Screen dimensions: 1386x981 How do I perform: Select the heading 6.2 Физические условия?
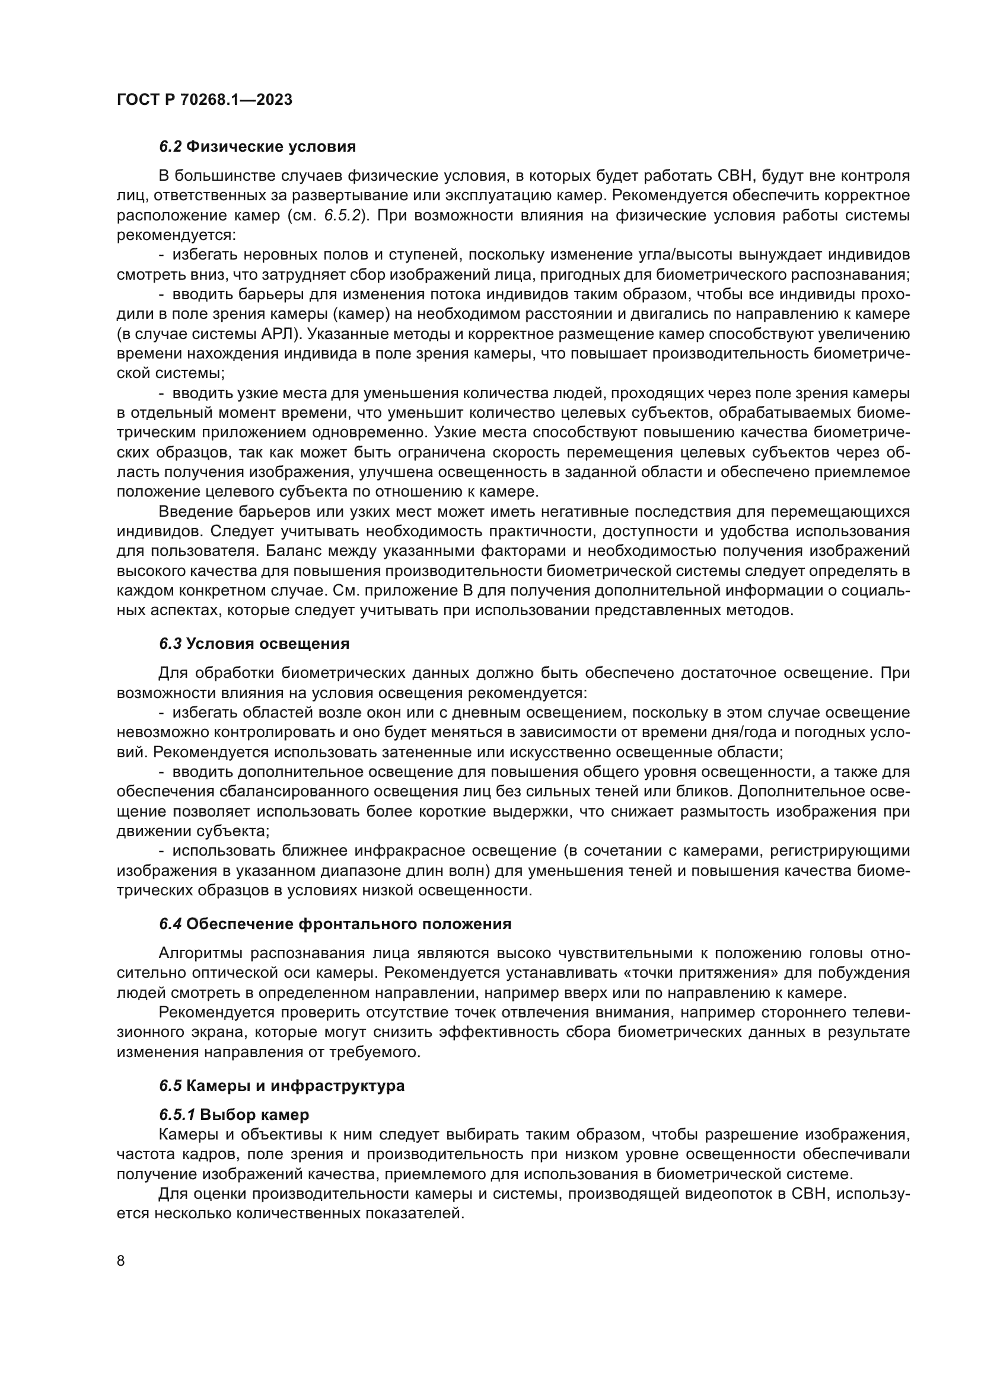[257, 147]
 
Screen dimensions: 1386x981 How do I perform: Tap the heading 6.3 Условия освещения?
[254, 644]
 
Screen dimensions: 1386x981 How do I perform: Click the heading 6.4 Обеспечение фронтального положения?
[335, 924]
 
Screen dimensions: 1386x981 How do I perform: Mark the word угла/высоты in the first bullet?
[706, 255]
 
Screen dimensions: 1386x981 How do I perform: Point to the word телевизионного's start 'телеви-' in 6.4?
[880, 1012]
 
